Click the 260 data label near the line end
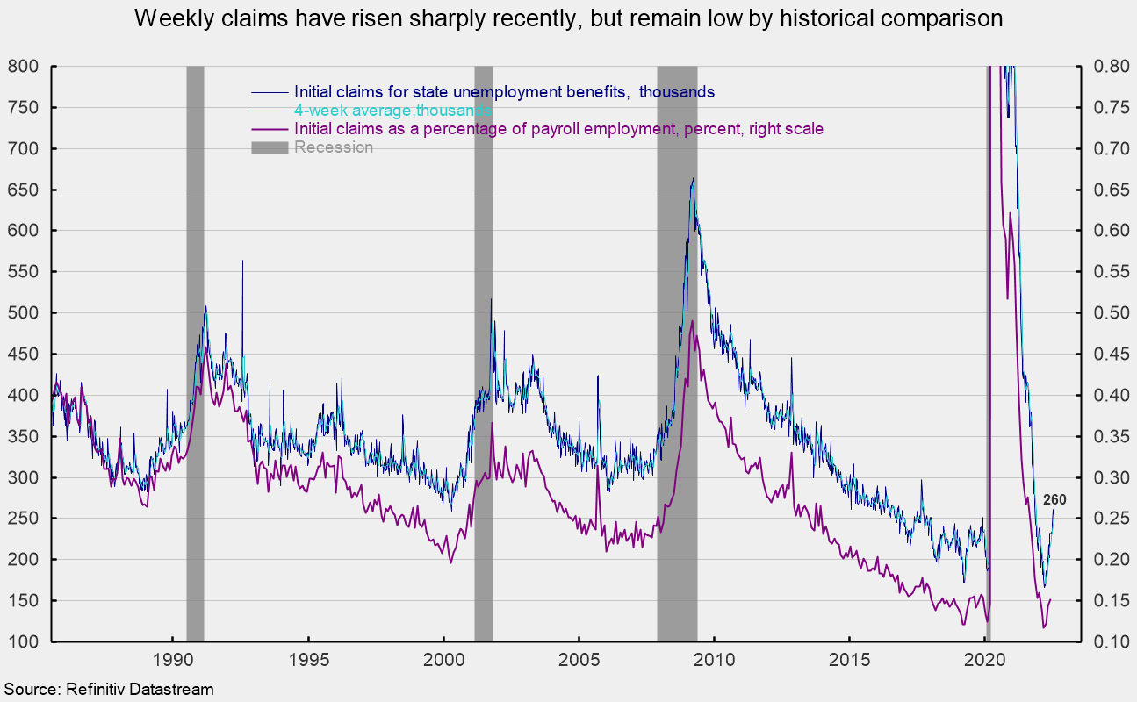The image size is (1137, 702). click(x=1054, y=500)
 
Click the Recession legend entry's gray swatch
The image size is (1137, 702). click(x=270, y=147)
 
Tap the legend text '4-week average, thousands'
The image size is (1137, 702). click(x=392, y=111)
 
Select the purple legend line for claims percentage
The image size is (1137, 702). click(x=270, y=129)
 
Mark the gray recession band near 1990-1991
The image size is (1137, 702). click(x=195, y=351)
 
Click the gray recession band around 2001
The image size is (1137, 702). click(x=483, y=351)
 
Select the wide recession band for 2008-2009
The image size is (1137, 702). click(x=677, y=351)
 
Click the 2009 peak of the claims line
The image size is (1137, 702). click(x=693, y=179)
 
